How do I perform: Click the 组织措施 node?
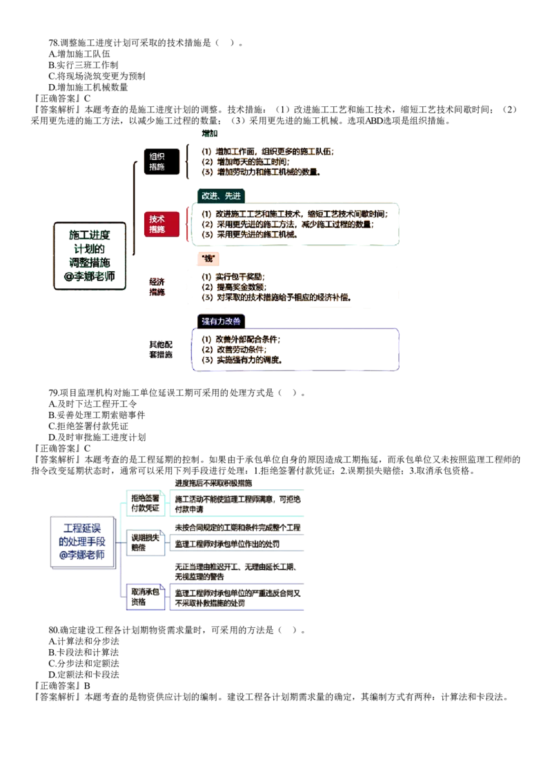[157, 161]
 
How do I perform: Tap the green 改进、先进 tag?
[221, 196]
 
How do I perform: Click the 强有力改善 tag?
[221, 322]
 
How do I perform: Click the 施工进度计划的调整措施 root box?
[90, 256]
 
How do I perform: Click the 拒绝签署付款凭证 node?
[146, 502]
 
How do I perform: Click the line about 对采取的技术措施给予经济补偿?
[277, 297]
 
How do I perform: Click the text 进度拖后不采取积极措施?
[213, 483]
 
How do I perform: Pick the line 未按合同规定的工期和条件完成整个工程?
[238, 528]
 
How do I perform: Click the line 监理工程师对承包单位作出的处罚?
[227, 544]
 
